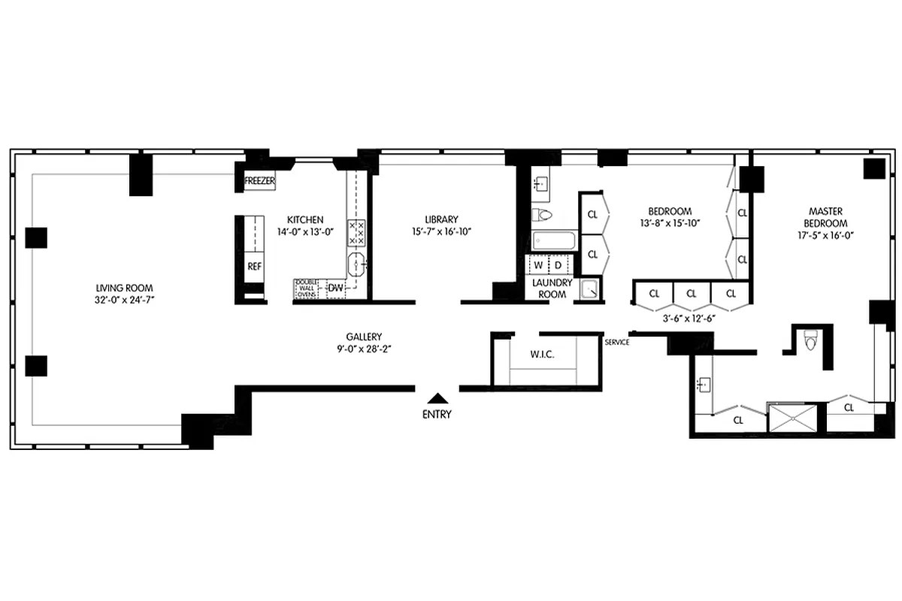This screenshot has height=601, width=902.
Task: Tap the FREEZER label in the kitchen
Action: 260,182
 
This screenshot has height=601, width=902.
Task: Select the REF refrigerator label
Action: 253,265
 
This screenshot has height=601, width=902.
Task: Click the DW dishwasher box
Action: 335,288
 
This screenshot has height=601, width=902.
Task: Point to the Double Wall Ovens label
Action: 306,288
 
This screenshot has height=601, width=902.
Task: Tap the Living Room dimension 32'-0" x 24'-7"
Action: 125,300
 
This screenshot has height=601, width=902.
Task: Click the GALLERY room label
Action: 364,337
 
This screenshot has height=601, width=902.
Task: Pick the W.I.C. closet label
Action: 542,354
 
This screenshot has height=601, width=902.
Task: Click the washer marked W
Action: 538,265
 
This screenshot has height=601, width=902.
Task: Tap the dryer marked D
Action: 558,265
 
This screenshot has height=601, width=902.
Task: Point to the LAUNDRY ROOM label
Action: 552,288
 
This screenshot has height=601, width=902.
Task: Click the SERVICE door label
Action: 616,343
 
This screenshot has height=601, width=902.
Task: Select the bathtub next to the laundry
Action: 553,241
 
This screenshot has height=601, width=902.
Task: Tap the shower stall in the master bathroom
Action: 795,417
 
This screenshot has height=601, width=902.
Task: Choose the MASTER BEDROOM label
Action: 828,217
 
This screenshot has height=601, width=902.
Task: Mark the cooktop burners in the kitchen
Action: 356,233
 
